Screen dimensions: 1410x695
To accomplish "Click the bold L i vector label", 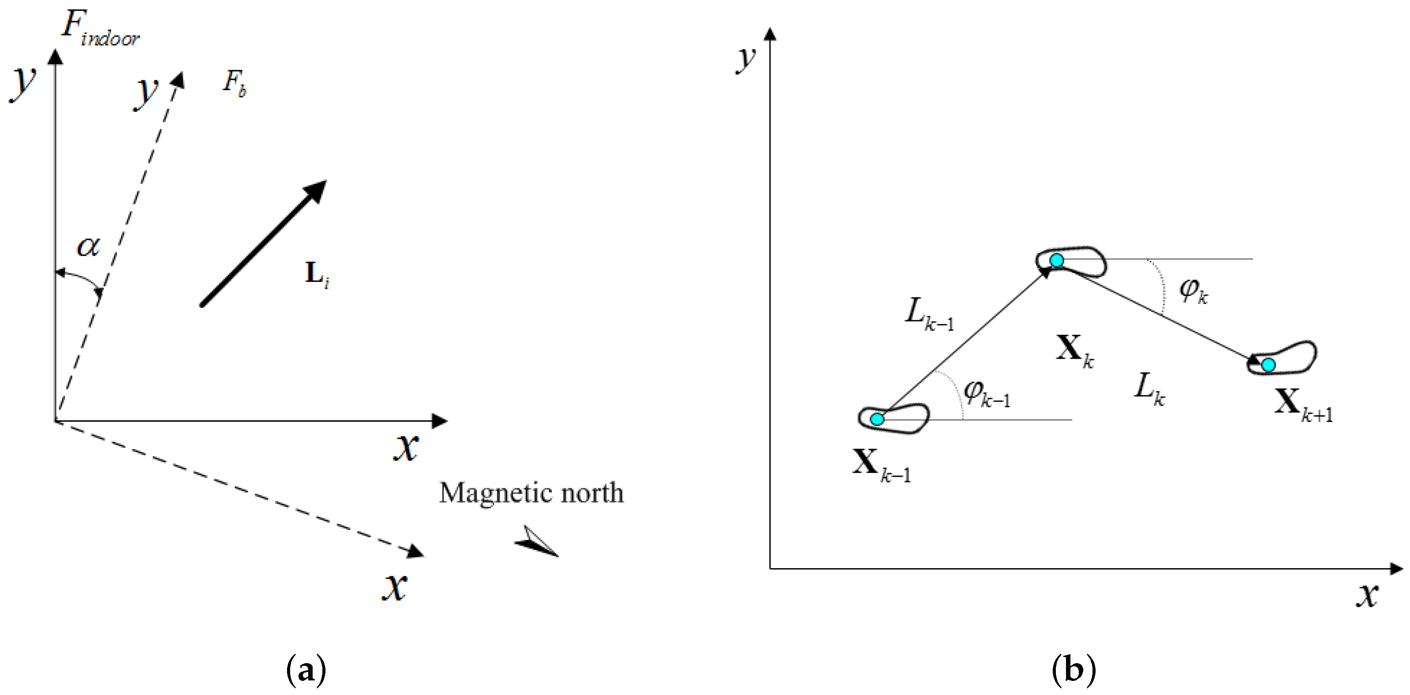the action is click(316, 274).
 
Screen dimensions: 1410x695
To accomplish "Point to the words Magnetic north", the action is click(531, 493).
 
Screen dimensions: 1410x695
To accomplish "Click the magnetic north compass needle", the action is click(537, 542).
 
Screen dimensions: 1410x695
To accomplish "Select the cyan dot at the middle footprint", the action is click(1056, 261).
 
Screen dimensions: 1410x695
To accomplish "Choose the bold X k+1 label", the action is click(1303, 405).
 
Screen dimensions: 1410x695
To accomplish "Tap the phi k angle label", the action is click(1193, 291).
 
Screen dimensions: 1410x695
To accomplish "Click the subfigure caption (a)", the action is click(306, 669).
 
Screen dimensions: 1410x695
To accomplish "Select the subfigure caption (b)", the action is click(1074, 669).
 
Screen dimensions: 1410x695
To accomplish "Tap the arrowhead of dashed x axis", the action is click(416, 551).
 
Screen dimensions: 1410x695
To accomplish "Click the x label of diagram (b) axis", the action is click(1367, 595).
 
